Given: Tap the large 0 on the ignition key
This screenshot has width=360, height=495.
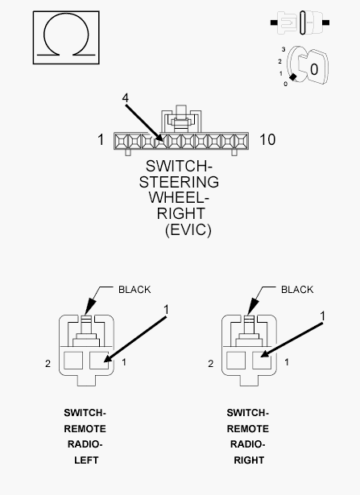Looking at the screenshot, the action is [314, 69].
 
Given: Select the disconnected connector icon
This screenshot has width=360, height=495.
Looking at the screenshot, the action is [300, 23].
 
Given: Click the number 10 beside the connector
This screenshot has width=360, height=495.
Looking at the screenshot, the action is [267, 139].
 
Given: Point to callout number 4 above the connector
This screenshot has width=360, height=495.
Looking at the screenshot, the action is [126, 98].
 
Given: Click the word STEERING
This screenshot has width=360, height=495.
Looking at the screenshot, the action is [179, 182].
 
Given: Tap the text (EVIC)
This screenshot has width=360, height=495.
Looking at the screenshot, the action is [188, 229].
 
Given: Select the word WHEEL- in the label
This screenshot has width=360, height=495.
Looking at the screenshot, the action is [179, 198].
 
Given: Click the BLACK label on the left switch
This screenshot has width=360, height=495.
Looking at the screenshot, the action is [134, 290].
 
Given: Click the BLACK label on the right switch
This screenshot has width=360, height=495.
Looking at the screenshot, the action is [297, 290].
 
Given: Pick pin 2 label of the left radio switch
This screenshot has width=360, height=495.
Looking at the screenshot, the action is [48, 364].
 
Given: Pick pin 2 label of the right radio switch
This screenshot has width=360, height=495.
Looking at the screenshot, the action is [211, 364].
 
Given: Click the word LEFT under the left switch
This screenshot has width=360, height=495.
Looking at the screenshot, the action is [86, 460].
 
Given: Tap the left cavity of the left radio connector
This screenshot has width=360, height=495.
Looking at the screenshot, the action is [73, 361].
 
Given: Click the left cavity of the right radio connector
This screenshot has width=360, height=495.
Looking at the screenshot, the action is [236, 361].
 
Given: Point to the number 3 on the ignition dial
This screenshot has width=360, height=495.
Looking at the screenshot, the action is [283, 49].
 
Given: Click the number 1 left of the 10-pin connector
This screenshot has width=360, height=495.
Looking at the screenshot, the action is [101, 139].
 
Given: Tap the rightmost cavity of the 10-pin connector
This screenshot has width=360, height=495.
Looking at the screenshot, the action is [241, 141].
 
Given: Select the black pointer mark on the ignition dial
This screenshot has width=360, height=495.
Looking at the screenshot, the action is [293, 76].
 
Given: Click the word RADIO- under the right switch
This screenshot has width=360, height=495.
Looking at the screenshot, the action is [247, 444].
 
